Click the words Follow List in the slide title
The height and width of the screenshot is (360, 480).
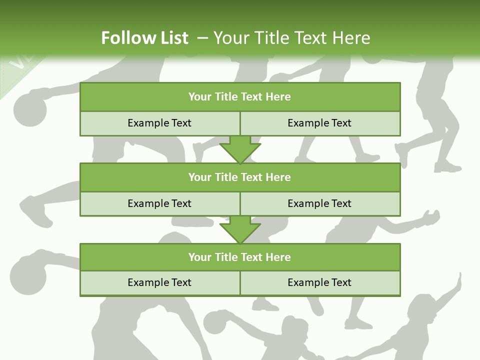tap(144, 38)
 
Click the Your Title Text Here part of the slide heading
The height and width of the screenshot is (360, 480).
tap(291, 38)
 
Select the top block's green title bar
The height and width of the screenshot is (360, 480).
tap(240, 97)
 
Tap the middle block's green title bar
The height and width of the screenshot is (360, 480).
tap(240, 177)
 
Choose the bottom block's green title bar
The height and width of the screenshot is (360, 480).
tap(240, 257)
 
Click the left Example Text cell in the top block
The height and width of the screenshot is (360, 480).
tap(159, 123)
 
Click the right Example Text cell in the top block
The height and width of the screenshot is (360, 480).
tap(320, 123)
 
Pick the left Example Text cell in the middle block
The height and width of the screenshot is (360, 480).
tap(159, 203)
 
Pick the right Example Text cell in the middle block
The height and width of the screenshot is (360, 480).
tap(320, 203)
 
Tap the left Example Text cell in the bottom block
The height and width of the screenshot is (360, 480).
tap(159, 282)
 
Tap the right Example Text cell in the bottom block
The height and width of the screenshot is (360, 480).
tap(320, 282)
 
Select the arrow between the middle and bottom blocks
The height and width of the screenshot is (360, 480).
tap(240, 230)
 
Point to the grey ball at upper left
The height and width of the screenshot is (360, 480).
tap(29, 110)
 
